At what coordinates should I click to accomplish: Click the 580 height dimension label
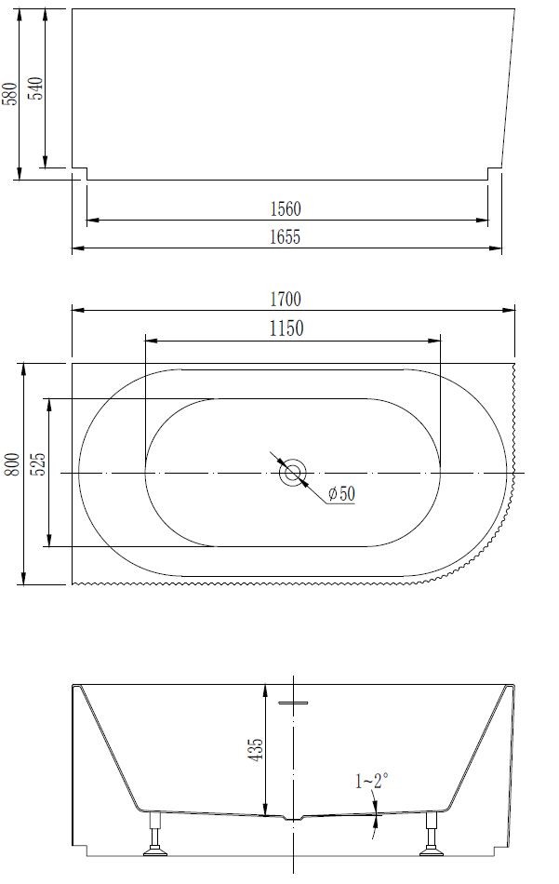tap(10, 93)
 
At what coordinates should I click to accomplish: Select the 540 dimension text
tap(35, 90)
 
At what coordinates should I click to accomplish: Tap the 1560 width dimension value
tap(286, 209)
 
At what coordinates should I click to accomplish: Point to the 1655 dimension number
tap(286, 237)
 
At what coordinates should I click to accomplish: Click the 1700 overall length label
tap(286, 299)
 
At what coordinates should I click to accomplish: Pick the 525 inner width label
tap(37, 463)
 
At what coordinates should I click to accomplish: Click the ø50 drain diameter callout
tap(340, 494)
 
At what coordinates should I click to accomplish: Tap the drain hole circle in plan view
tap(293, 473)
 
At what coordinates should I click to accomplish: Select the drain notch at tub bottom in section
tap(293, 819)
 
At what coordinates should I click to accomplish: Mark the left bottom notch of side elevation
tap(80, 174)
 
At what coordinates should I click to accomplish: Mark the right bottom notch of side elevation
tap(494, 174)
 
